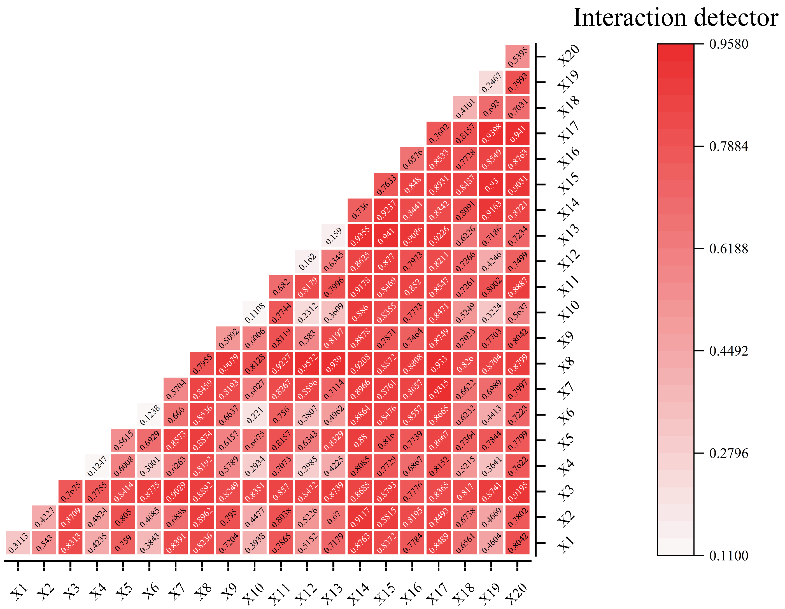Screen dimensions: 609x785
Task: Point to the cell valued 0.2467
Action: tap(491, 82)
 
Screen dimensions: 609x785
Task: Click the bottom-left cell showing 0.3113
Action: tap(18, 543)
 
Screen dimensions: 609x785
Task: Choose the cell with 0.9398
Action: tap(491, 133)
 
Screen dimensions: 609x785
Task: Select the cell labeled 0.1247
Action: tap(97, 466)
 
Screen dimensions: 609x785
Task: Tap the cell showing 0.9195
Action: tap(517, 491)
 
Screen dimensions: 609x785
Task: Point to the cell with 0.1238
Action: tap(149, 415)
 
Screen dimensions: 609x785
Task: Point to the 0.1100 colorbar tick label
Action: tap(728, 556)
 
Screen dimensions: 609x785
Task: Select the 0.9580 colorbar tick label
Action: tap(728, 44)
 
